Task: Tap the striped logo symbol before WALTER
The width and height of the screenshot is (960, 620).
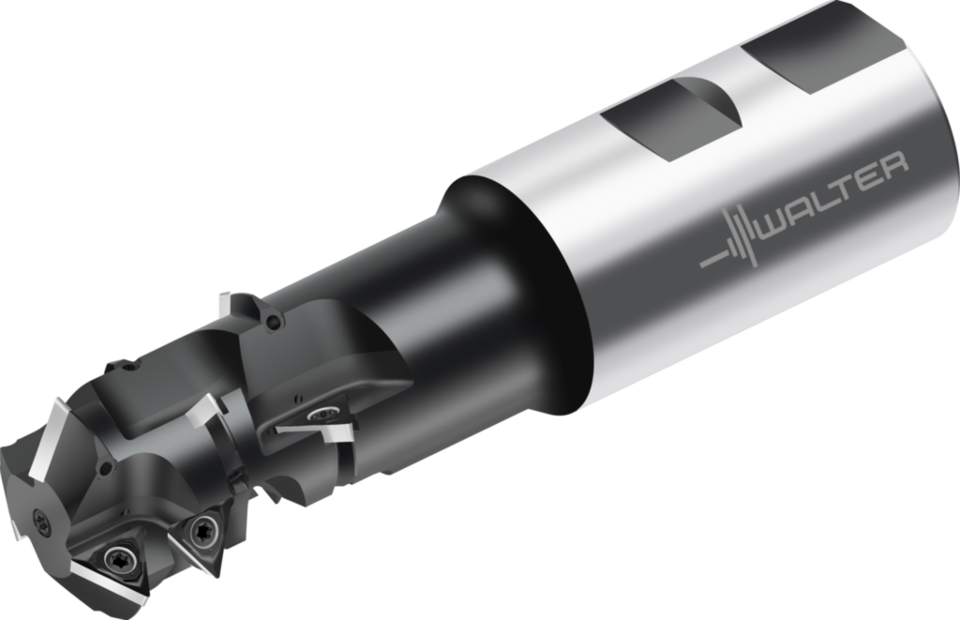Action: pos(729,241)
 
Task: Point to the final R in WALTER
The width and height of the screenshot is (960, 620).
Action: pos(893,165)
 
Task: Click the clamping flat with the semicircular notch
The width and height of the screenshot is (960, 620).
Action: pos(670,119)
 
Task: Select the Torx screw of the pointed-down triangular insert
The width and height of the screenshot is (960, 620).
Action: pos(202,529)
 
